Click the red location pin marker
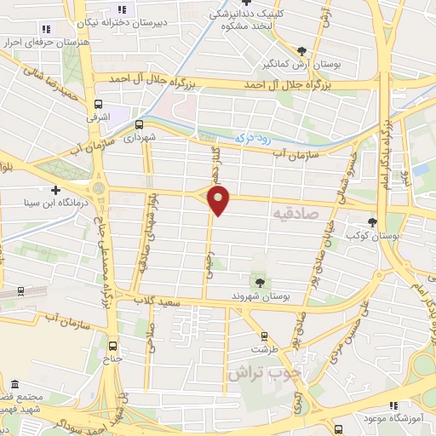pos(220,201)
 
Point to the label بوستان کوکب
pos(379,234)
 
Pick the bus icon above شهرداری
pos(140,123)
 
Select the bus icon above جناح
pos(113,346)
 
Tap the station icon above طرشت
pos(264,335)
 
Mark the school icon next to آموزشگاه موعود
pos(393,407)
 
